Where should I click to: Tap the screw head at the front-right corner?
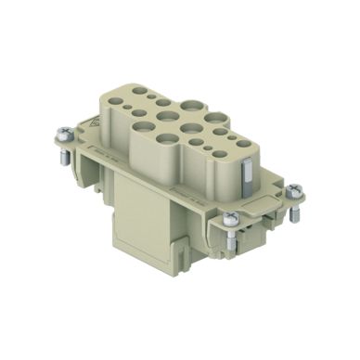pyautogui.click(x=231, y=219)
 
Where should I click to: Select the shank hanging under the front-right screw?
pyautogui.click(x=233, y=240)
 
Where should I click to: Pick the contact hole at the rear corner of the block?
pyautogui.click(x=139, y=91)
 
